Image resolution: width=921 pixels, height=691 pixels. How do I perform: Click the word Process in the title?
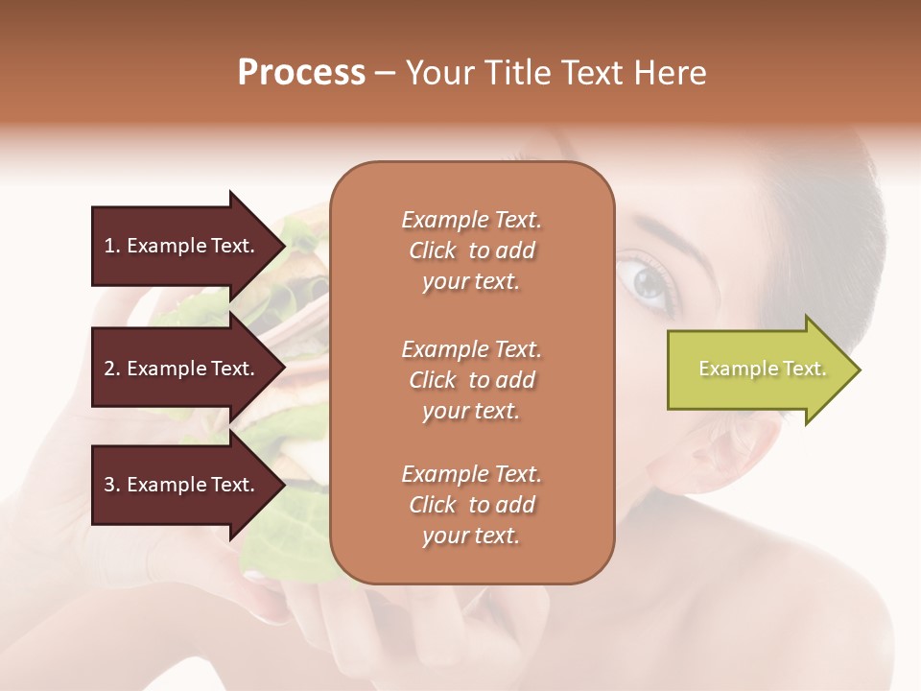coord(301,73)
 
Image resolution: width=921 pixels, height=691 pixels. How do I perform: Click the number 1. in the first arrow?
coord(112,246)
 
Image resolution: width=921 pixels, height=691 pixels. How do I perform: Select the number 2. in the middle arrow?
coord(112,369)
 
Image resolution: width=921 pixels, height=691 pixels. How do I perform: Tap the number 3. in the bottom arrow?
coord(112,485)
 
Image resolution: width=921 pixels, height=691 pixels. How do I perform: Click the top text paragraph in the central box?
coord(471,250)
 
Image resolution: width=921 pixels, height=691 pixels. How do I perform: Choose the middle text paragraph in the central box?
coord(471,380)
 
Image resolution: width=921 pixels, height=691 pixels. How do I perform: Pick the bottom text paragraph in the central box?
coord(471,505)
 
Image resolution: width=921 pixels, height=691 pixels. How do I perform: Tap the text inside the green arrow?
coord(762,369)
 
